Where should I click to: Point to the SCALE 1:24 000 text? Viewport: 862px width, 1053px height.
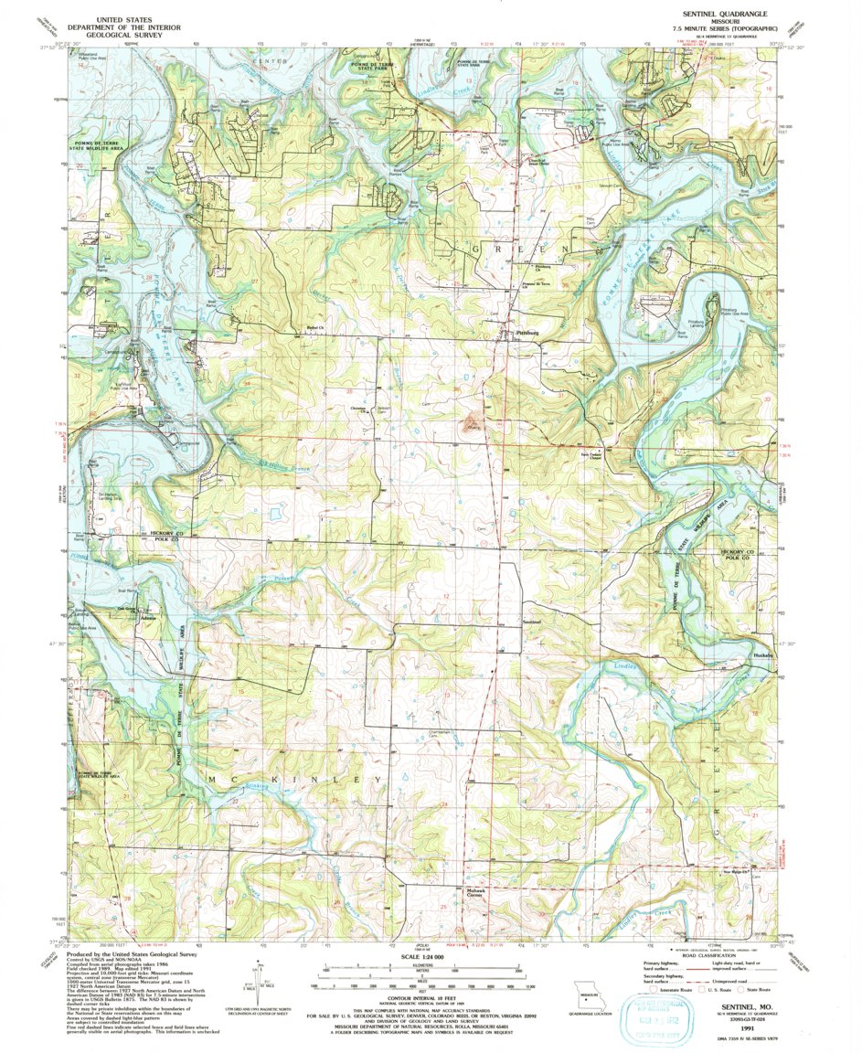pyautogui.click(x=426, y=957)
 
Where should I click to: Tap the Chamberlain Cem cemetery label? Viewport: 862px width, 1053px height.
pyautogui.click(x=442, y=733)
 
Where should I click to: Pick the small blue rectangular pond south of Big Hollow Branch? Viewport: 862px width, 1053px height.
pyautogui.click(x=274, y=505)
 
